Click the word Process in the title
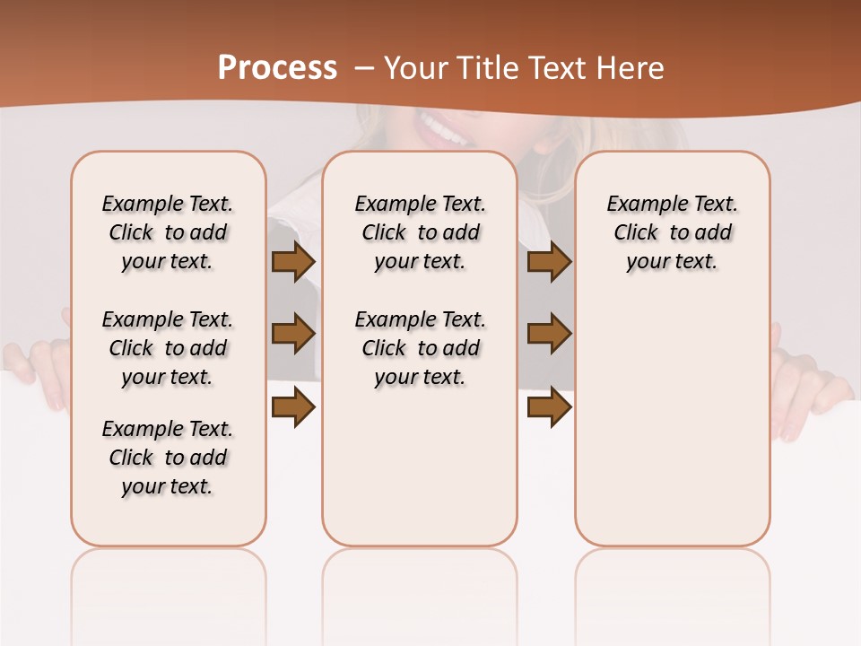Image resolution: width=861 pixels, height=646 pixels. pos(277,68)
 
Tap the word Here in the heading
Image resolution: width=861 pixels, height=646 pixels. pos(632,68)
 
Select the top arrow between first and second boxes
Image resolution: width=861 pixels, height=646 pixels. pos(293,262)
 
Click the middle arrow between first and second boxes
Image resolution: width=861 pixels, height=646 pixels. pos(293,334)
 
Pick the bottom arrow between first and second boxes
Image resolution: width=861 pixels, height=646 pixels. pos(293,406)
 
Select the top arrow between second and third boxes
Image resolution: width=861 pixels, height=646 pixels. pos(549,262)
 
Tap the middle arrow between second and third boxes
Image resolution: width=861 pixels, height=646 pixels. pos(549,334)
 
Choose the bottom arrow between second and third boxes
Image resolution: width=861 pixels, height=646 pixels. pos(549,406)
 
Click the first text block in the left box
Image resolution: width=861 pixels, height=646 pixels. pos(168,232)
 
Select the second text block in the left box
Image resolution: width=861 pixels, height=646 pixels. pos(168,348)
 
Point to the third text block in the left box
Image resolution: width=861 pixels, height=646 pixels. pos(168,458)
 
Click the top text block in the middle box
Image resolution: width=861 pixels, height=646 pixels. pos(420,232)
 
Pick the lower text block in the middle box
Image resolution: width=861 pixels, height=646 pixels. pos(420,348)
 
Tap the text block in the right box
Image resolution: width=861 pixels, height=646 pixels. pos(672,232)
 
